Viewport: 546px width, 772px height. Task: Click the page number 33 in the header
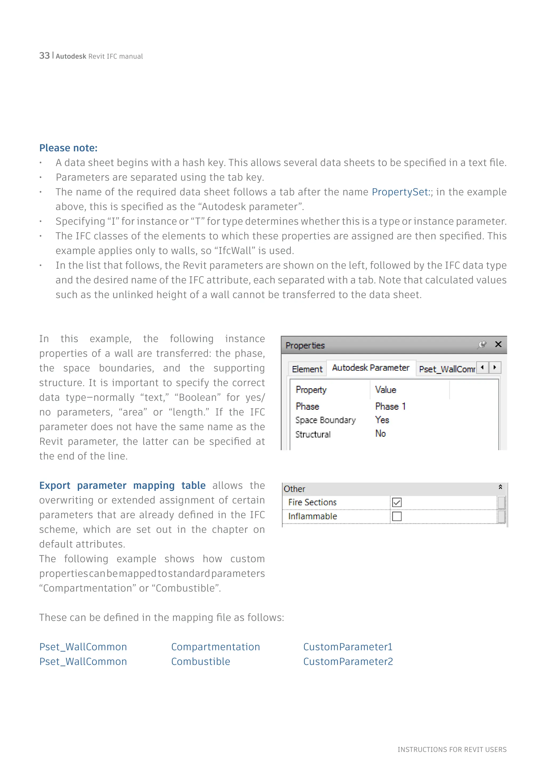click(x=44, y=55)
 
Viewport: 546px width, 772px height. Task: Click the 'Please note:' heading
click(x=68, y=148)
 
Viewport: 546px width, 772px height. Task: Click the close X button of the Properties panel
click(x=498, y=344)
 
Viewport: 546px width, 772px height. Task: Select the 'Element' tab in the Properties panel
click(x=307, y=369)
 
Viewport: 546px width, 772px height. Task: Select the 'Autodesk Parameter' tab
click(x=371, y=368)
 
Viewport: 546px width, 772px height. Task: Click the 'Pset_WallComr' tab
click(x=447, y=369)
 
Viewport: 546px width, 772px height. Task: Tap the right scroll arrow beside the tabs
click(x=495, y=368)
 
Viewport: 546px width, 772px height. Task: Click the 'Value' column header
click(x=386, y=390)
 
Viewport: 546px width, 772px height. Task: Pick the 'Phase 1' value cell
click(x=390, y=407)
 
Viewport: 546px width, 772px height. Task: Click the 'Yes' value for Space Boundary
click(x=382, y=420)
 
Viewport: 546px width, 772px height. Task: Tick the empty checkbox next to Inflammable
click(x=397, y=516)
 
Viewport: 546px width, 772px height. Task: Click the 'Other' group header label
click(x=295, y=489)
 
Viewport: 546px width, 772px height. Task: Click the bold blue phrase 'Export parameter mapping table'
click(x=122, y=485)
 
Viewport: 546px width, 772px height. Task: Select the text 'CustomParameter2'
click(x=348, y=662)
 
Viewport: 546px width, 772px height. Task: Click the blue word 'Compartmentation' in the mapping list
click(x=215, y=647)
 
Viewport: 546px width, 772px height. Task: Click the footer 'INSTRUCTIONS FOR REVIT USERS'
click(x=452, y=749)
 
